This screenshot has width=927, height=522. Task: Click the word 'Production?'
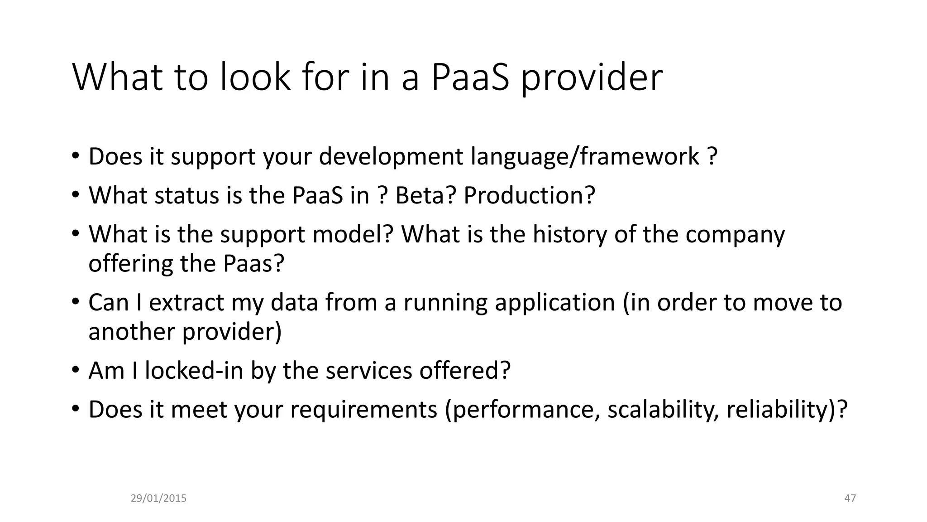pyautogui.click(x=529, y=195)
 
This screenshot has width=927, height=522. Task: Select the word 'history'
pyautogui.click(x=569, y=234)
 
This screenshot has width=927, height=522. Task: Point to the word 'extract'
pyautogui.click(x=186, y=302)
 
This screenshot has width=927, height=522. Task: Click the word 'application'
pyautogui.click(x=555, y=302)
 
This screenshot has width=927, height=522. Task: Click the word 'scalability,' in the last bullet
pyautogui.click(x=663, y=409)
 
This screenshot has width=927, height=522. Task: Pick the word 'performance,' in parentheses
pyautogui.click(x=523, y=409)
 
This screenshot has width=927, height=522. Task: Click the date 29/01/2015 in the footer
pyautogui.click(x=158, y=498)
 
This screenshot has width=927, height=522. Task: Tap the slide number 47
pyautogui.click(x=850, y=498)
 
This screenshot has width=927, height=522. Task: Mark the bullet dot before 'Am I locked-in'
pyautogui.click(x=75, y=370)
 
